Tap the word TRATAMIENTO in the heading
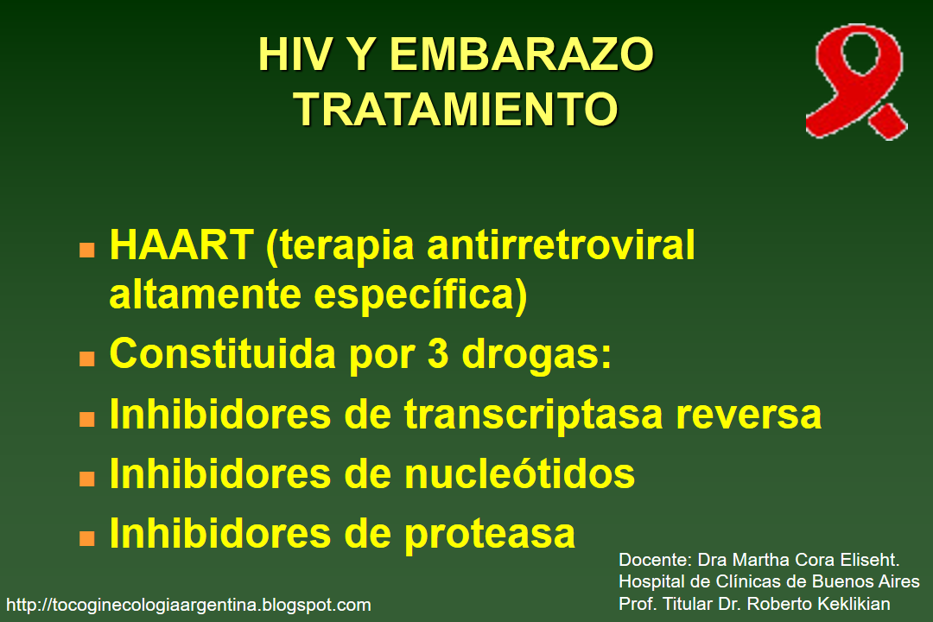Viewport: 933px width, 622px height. tap(455, 110)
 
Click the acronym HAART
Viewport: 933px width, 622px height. tap(181, 246)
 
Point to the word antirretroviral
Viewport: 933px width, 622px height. tap(562, 246)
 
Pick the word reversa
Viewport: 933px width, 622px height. tap(748, 415)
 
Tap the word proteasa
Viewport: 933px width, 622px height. tap(489, 533)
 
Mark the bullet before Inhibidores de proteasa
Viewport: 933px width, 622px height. tap(87, 537)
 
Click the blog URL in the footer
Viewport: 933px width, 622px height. tap(188, 605)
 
